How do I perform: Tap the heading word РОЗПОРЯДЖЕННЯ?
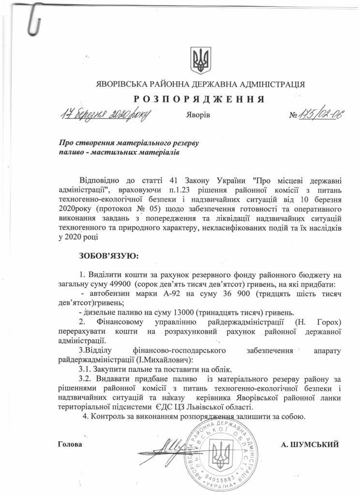199,99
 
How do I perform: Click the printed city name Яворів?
197,116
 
